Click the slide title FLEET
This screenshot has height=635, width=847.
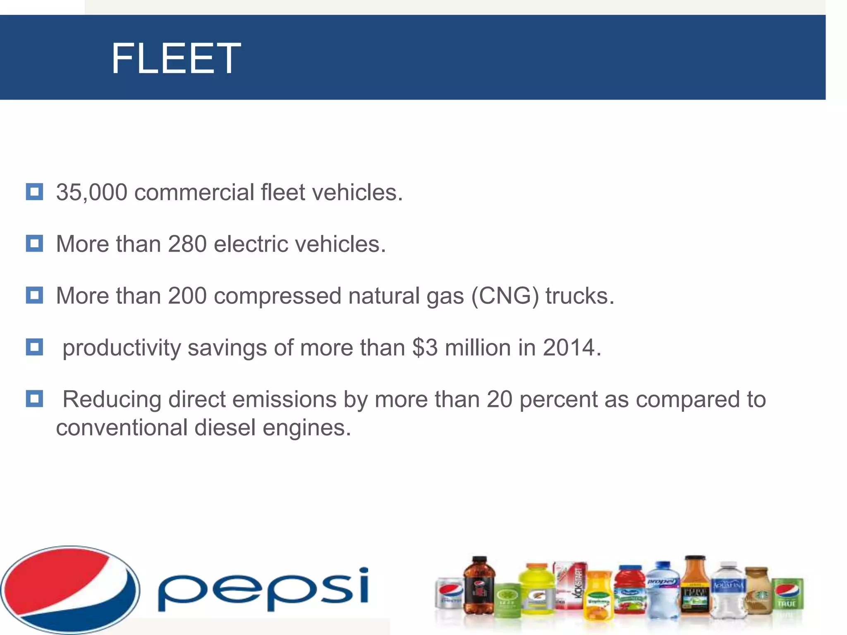(176, 59)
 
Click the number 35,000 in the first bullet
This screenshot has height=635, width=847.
(91, 193)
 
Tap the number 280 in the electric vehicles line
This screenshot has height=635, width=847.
(187, 244)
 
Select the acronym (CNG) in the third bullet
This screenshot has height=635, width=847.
(505, 296)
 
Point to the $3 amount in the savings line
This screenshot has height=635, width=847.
(425, 348)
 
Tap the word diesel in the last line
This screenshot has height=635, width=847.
(225, 427)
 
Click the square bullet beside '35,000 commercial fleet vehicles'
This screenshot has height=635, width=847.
(34, 192)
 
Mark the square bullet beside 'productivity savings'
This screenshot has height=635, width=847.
(34, 347)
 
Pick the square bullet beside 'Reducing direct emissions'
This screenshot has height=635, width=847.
(34, 399)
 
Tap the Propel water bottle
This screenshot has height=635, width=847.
(663, 589)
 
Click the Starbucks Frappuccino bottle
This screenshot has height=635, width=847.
(757, 591)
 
